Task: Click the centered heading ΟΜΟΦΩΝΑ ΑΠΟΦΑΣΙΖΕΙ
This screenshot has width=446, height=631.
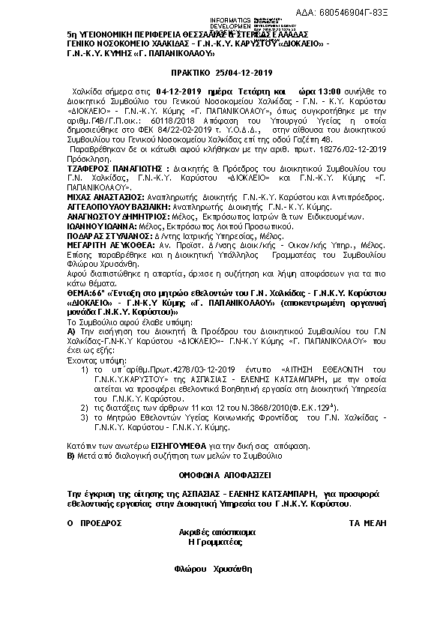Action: click(223, 474)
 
